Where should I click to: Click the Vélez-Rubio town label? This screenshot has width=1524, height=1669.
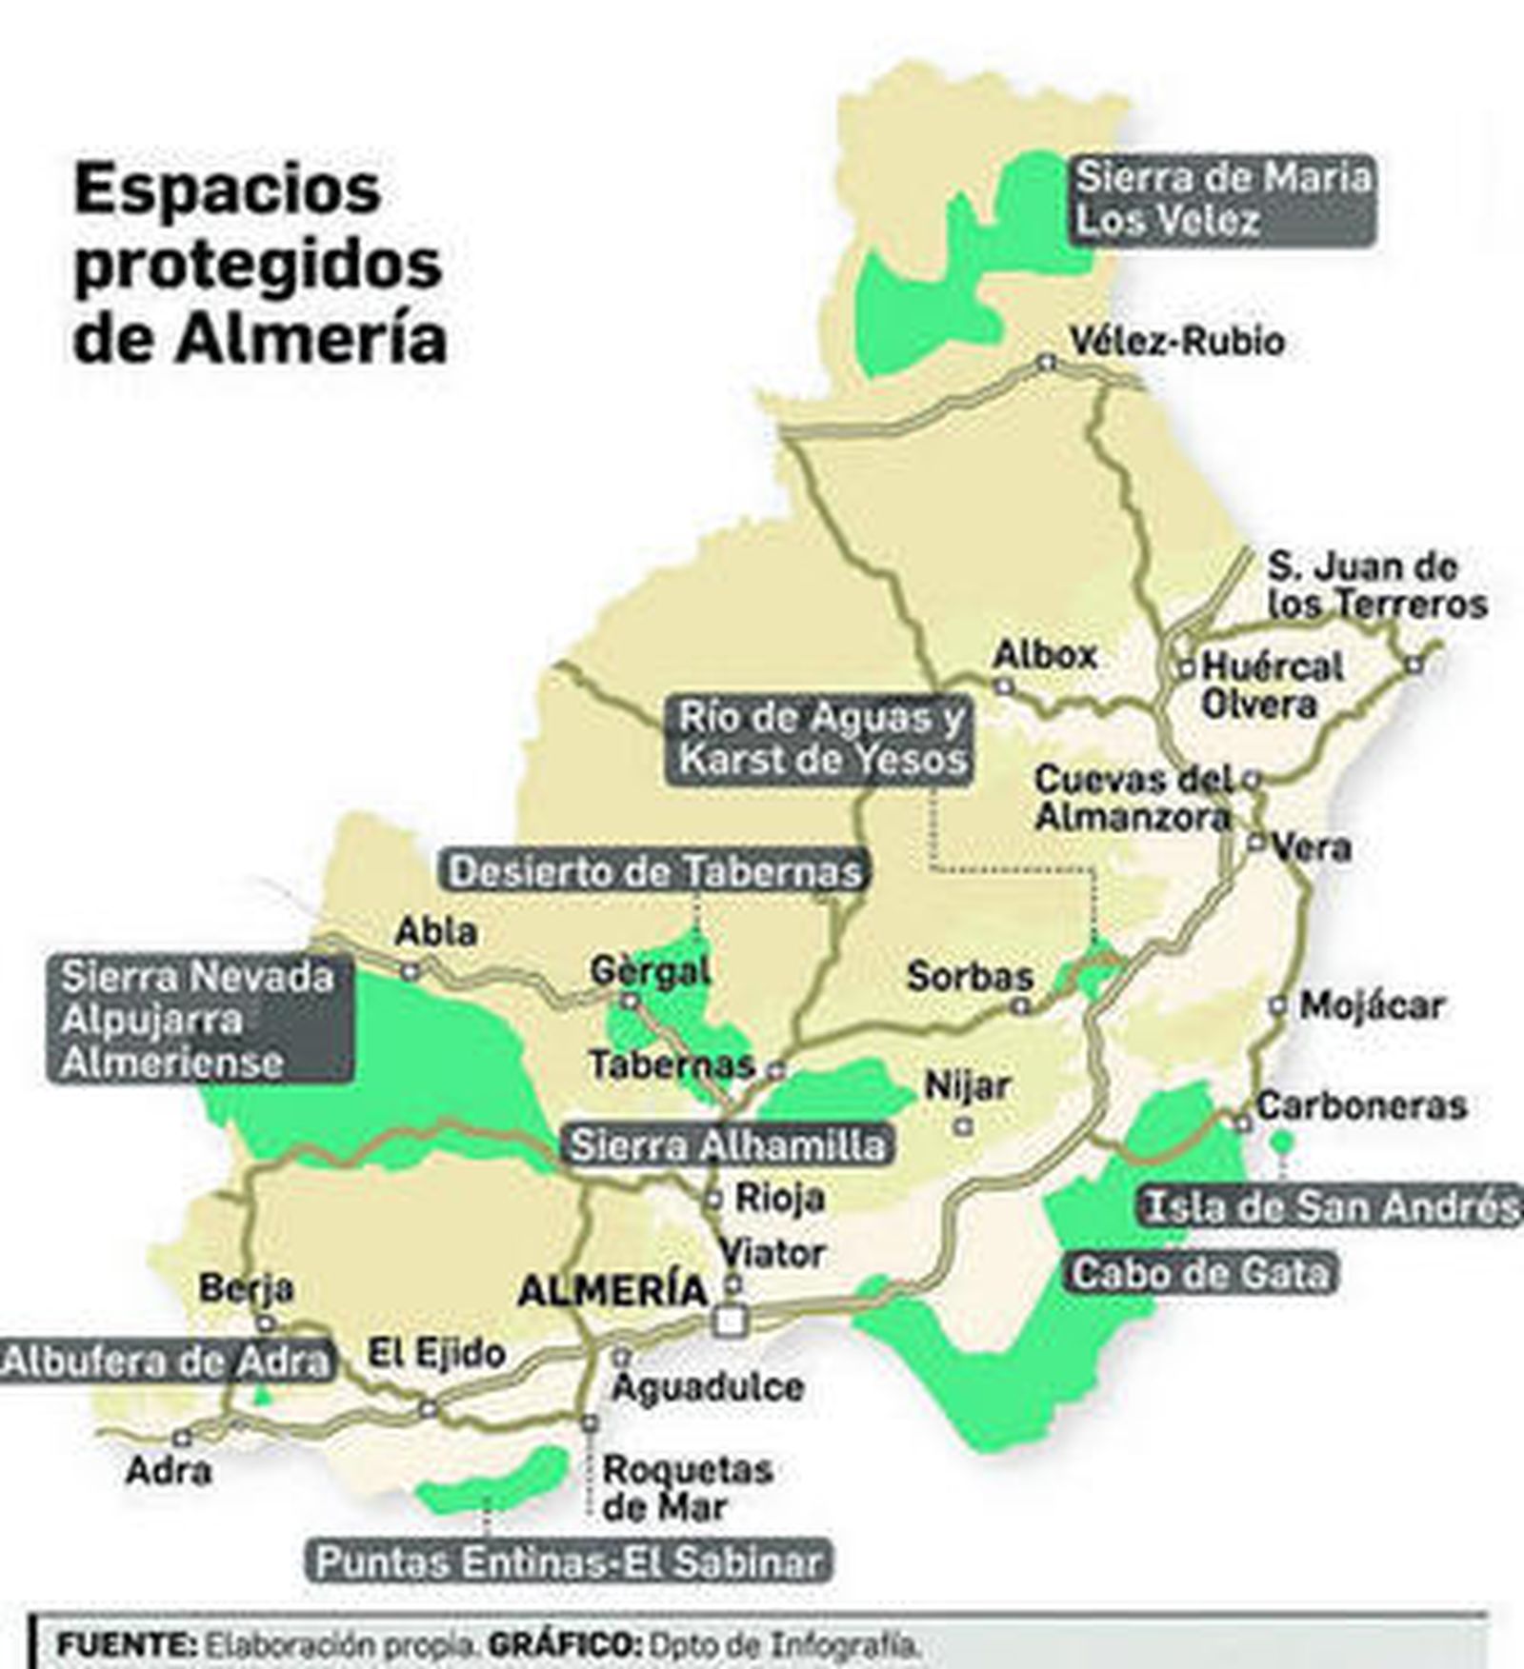click(1176, 341)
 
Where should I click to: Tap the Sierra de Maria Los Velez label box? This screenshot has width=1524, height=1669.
click(1222, 200)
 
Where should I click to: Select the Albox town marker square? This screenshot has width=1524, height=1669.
click(1003, 685)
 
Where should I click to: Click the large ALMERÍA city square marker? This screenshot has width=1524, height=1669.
click(732, 1320)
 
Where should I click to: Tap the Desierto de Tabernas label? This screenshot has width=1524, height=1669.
click(655, 872)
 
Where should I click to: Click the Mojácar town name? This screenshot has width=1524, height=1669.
click(1372, 1005)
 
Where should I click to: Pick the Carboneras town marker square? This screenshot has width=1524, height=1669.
click(1242, 1123)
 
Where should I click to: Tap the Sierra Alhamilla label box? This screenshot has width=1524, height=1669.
click(727, 1145)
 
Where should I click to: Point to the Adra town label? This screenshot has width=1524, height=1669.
click(169, 1471)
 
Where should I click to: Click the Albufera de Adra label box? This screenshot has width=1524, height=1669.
click(166, 1362)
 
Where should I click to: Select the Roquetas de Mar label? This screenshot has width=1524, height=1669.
click(686, 1488)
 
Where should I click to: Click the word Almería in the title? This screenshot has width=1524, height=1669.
click(311, 338)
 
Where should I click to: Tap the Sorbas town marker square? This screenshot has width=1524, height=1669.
click(1021, 1005)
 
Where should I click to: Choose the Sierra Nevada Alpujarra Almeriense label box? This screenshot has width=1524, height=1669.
click(198, 1020)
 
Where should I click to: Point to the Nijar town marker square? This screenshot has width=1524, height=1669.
click(964, 1126)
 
